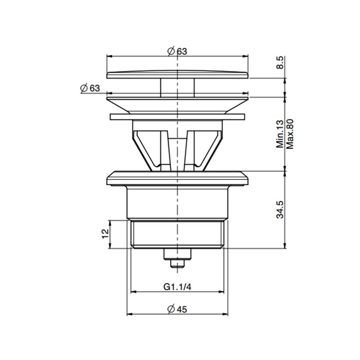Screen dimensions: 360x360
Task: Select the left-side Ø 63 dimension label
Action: tap(90, 88)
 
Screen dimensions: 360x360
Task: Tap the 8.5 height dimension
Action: tap(280, 65)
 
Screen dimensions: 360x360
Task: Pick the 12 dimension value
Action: tap(105, 235)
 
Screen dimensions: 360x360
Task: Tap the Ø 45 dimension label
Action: tap(177, 309)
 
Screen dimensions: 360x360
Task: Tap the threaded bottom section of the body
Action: tap(177, 235)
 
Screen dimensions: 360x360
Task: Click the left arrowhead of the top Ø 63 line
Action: tap(109, 55)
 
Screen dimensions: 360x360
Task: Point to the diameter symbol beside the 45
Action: tap(170, 309)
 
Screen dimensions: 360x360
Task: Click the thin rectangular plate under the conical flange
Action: tap(177, 116)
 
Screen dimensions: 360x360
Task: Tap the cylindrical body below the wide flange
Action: tap(177, 203)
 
